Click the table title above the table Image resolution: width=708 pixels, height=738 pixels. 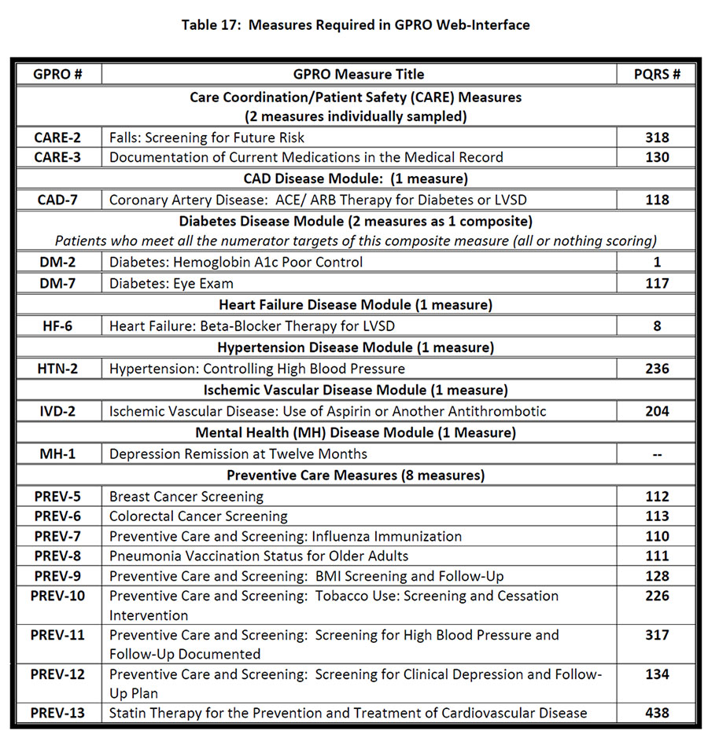[x=355, y=24]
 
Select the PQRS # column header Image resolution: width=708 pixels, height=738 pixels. [x=657, y=75]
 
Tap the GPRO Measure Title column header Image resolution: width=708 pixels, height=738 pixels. [x=359, y=75]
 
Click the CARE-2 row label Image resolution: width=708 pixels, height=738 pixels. [x=57, y=138]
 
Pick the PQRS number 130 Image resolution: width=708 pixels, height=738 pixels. [x=657, y=157]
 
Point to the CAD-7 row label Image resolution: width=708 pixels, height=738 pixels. [x=57, y=200]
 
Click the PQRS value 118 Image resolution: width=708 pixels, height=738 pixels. [x=657, y=200]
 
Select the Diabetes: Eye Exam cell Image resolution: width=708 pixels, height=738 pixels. [x=171, y=283]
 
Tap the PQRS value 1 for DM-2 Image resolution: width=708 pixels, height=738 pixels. [x=657, y=263]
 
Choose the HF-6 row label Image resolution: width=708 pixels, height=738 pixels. [x=57, y=325]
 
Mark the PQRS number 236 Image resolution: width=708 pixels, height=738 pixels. [x=657, y=368]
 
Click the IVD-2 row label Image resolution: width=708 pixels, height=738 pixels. [x=57, y=410]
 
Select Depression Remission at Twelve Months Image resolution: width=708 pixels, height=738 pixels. [x=238, y=453]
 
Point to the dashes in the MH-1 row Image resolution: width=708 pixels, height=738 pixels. [x=657, y=453]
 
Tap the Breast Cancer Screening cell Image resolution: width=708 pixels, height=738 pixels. [x=186, y=497]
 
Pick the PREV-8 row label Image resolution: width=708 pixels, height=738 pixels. [x=57, y=556]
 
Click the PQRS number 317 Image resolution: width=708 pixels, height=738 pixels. [x=657, y=635]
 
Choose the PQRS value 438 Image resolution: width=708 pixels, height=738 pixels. [x=657, y=714]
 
